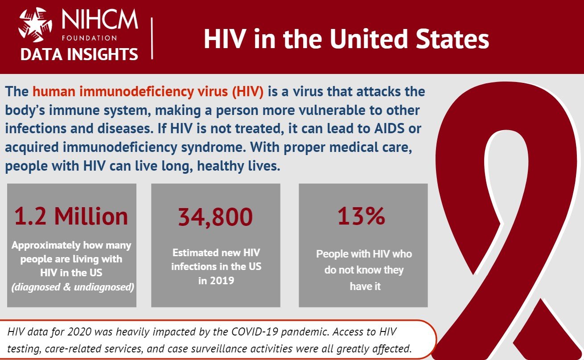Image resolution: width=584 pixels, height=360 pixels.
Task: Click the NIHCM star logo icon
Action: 36,25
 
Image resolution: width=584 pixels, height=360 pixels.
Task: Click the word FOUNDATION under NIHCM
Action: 90,38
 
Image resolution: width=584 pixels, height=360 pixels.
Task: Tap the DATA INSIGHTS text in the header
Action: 79,54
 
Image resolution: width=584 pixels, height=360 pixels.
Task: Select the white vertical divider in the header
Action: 152,38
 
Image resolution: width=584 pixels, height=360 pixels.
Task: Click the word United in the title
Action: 369,39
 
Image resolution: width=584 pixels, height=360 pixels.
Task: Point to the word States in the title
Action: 452,39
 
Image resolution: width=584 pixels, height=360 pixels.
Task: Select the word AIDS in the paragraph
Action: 389,128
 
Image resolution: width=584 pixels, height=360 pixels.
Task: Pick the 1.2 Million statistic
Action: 71,216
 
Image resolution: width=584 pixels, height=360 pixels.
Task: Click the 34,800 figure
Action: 215,217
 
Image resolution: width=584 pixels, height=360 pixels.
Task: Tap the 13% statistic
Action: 361,216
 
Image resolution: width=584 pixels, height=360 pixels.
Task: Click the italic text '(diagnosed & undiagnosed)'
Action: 73,287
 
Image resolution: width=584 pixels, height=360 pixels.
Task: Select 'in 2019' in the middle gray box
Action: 216,281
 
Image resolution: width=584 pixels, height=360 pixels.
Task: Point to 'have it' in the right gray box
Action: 365,286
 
